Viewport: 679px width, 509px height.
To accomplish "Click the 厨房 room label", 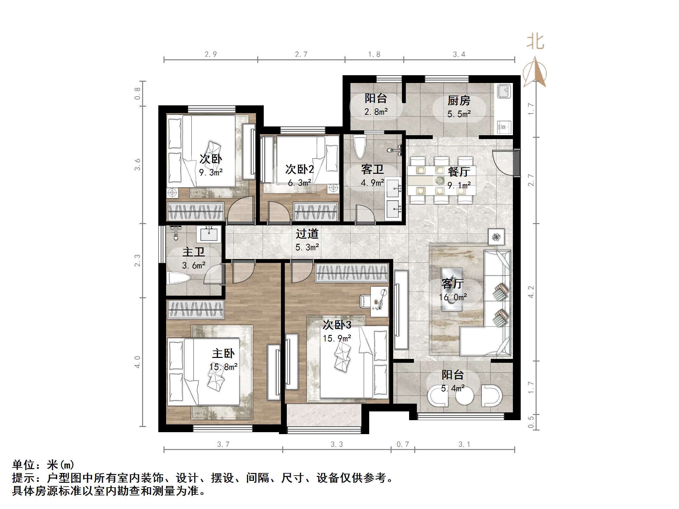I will pos(459,101).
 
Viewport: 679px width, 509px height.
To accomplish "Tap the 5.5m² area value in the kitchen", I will pos(459,114).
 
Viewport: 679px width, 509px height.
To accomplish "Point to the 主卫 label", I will pos(193,252).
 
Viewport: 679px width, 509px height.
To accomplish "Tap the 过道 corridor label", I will pos(307,234).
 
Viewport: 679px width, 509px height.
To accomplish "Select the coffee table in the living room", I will pos(452,289).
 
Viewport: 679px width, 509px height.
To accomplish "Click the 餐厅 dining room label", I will pos(459,172).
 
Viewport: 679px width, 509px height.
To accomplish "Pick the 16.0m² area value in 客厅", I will pos(453,297).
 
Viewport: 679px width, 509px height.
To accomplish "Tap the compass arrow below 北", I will pos(535,72).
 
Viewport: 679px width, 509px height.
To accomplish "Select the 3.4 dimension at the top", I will pos(459,54).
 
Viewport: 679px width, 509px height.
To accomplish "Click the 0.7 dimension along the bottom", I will pos(403,444).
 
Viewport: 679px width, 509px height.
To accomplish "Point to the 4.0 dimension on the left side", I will pos(138,362).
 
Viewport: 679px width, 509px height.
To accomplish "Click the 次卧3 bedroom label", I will pos(337,325).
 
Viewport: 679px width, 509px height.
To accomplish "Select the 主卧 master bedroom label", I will pos(223,353).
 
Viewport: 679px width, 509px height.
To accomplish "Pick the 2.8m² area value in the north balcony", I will pos(376,112).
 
